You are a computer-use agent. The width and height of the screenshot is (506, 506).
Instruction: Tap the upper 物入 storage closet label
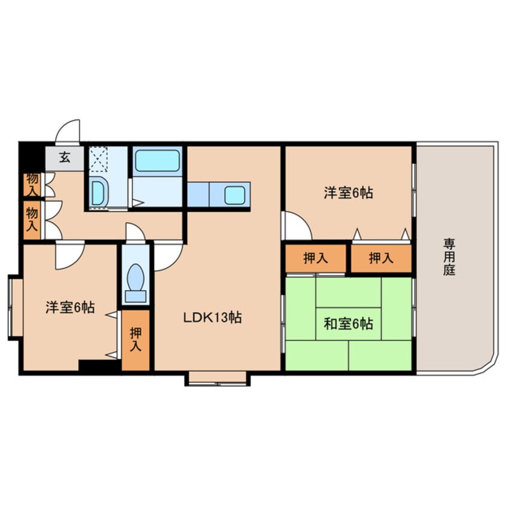coord(32,185)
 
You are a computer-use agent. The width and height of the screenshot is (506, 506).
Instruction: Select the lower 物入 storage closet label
coord(32,219)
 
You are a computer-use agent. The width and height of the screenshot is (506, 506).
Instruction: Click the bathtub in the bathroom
coord(157,161)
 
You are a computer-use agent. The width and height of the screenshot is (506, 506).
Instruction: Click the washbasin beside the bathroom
coord(99,193)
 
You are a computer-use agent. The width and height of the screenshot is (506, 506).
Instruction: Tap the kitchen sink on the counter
coord(234,194)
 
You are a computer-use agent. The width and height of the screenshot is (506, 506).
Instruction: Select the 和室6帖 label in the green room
coord(348,324)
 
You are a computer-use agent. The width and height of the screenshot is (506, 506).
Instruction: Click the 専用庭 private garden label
coord(449,257)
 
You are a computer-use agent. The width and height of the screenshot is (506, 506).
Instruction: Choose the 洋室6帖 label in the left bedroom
coord(70,307)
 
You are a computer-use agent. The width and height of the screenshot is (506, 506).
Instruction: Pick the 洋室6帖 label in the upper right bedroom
coord(349,193)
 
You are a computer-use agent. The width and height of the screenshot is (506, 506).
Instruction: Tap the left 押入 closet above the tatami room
coord(315,258)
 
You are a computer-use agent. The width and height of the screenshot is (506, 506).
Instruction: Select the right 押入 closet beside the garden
coord(381,258)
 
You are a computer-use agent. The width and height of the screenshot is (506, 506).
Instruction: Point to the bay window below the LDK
coord(217,378)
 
